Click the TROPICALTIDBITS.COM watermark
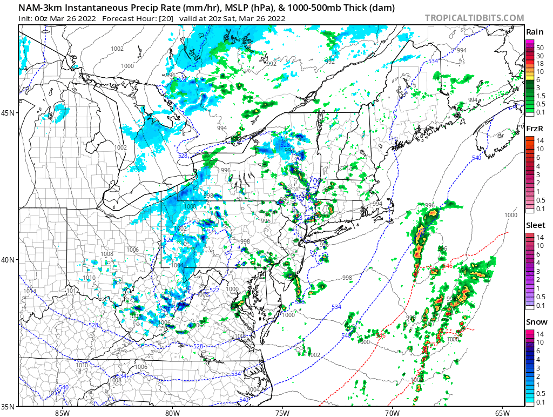[474, 18]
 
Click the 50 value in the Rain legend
[539, 48]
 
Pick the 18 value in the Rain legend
[539, 64]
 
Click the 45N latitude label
[9, 113]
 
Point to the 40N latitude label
[9, 260]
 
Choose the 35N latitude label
[9, 407]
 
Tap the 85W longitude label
[62, 413]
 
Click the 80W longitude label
[172, 413]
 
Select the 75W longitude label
[282, 413]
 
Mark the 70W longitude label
[392, 413]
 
